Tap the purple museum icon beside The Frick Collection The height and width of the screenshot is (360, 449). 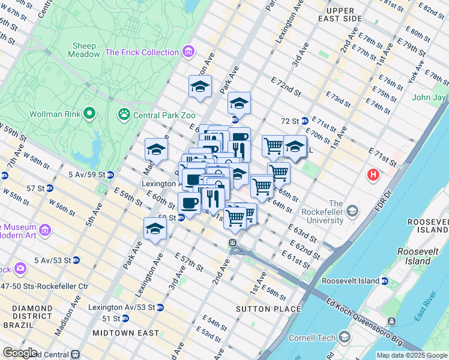[189, 52]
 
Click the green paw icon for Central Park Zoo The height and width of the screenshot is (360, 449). [124, 112]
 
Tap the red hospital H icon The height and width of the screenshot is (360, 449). [373, 175]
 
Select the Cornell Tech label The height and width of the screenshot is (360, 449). [311, 338]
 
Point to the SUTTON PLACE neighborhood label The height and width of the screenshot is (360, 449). [269, 309]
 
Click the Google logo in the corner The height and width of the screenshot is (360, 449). [20, 353]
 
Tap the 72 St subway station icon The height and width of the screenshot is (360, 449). [304, 121]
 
